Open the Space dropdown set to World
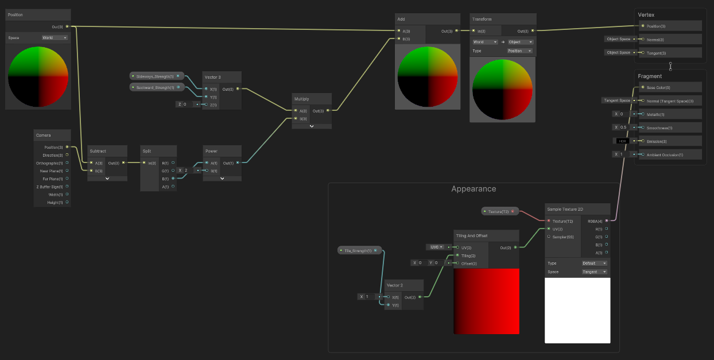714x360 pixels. coord(55,38)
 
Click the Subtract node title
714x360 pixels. coord(98,151)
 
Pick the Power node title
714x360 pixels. coord(212,151)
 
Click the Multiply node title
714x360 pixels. coord(302,99)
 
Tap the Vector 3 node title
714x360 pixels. coord(212,77)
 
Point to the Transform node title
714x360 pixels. coord(482,19)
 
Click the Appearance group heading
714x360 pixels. coord(474,189)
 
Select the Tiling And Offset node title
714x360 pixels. coord(472,236)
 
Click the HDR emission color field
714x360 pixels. coord(622,141)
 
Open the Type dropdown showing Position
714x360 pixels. coord(519,51)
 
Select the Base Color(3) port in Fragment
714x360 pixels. coord(658,87)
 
